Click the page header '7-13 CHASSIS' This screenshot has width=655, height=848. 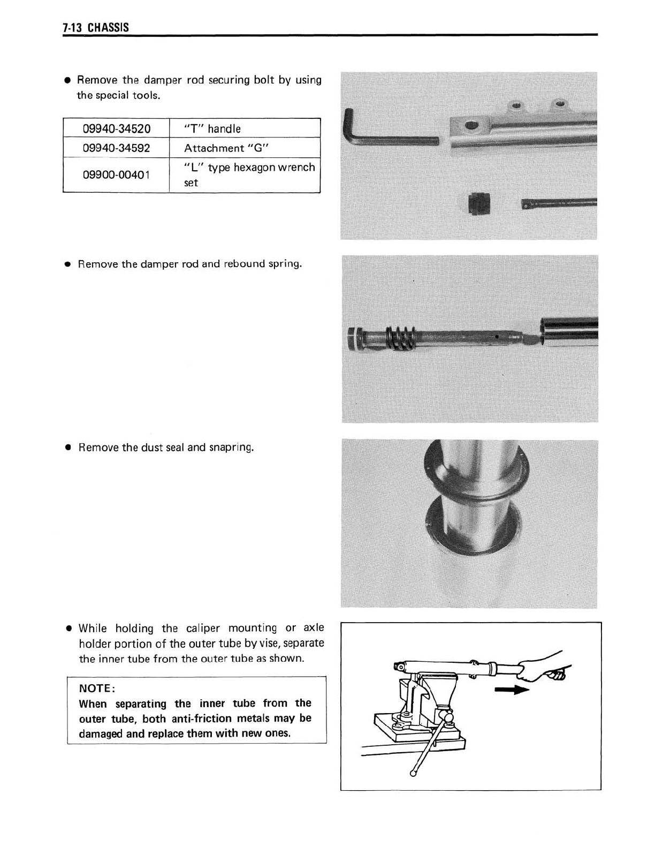click(x=96, y=27)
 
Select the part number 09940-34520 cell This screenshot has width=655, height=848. click(x=116, y=128)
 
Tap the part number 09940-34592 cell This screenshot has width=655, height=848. click(x=116, y=148)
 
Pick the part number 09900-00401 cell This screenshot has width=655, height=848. click(x=116, y=175)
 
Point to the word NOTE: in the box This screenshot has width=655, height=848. click(x=95, y=688)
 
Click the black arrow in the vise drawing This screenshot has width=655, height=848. click(x=511, y=691)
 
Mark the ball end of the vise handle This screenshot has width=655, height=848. click(x=414, y=773)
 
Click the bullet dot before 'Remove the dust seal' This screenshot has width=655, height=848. click(x=68, y=448)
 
